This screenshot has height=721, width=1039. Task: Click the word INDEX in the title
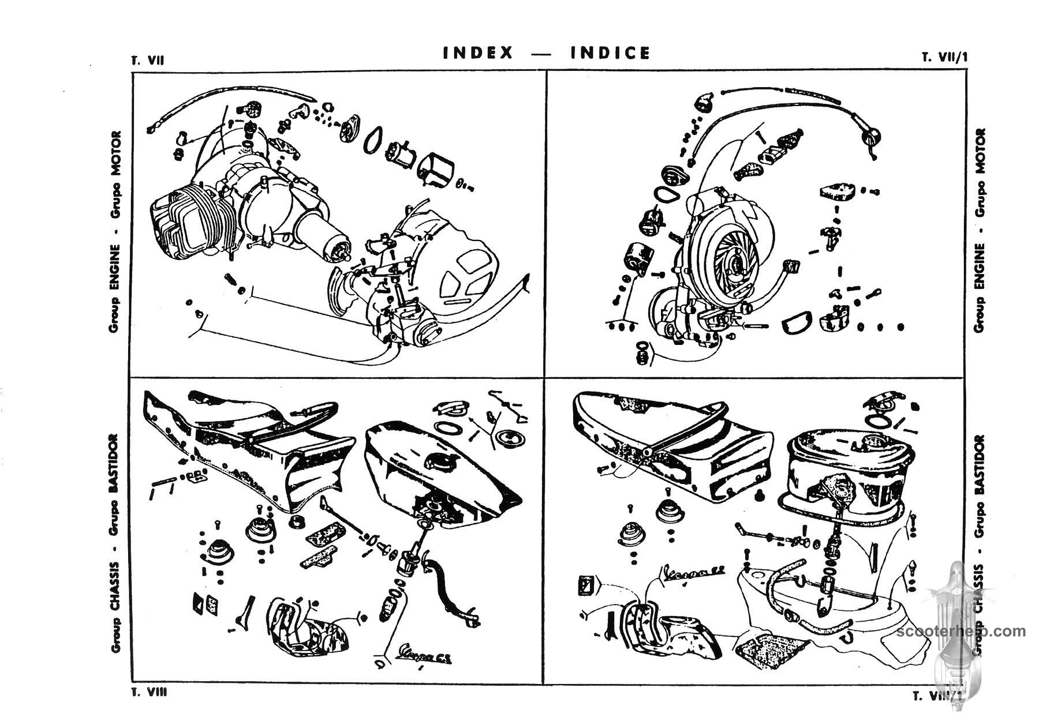(x=478, y=53)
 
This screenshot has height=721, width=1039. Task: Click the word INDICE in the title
(x=610, y=53)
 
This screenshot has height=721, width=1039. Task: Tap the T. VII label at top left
(x=148, y=60)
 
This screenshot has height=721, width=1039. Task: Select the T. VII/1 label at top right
(x=944, y=58)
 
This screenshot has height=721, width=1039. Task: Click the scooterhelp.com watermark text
(x=962, y=631)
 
